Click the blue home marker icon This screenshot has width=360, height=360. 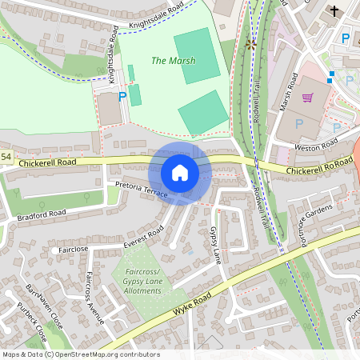(180, 173)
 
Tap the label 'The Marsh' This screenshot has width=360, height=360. (169, 60)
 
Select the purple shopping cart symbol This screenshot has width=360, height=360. (307, 98)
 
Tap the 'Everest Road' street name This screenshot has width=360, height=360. (144, 235)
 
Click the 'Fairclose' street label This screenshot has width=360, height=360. (73, 249)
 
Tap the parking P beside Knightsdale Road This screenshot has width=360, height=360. (122, 97)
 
